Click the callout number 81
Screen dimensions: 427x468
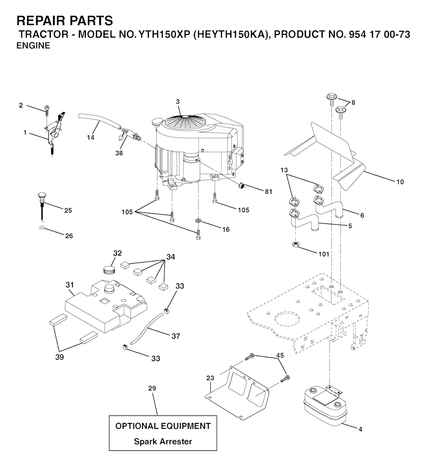tap(269, 192)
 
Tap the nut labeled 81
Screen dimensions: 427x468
tap(241, 186)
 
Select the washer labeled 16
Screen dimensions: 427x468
tap(198, 220)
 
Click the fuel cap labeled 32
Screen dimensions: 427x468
tap(109, 270)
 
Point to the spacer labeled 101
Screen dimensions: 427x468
tap(296, 245)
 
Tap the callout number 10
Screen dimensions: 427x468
tap(400, 182)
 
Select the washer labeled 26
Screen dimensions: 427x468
tap(42, 228)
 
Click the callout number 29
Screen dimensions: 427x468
tap(152, 388)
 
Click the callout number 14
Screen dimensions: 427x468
tap(90, 137)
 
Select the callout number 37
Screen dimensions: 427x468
tap(176, 336)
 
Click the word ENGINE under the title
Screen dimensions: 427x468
tap(33, 46)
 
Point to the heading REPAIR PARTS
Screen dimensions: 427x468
tap(65, 21)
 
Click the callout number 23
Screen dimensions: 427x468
tap(210, 378)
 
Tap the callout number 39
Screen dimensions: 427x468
tap(60, 357)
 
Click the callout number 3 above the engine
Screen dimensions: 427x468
tap(178, 102)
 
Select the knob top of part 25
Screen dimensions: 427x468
tap(42, 196)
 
